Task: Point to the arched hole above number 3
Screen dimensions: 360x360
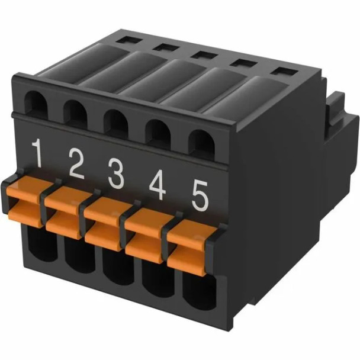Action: coord(115,124)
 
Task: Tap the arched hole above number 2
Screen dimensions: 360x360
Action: coord(75,114)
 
